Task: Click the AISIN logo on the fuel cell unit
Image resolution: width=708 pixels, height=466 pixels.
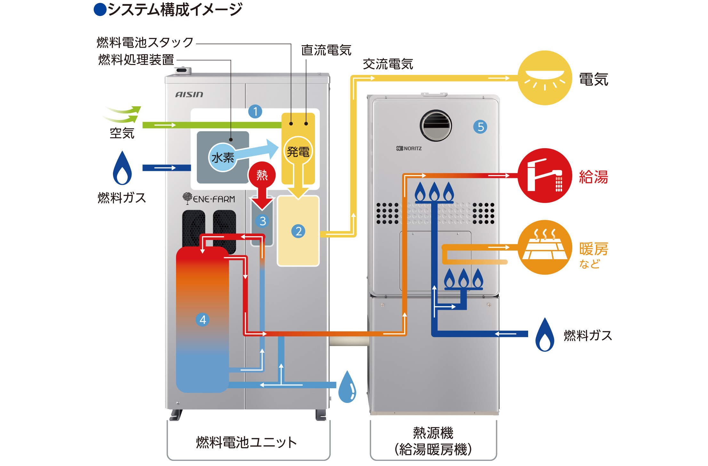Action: pos(189,94)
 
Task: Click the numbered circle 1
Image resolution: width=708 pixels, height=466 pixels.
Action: pos(255,112)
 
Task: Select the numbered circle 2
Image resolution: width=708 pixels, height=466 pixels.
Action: pos(298,231)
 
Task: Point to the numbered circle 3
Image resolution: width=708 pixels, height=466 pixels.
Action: pos(262,221)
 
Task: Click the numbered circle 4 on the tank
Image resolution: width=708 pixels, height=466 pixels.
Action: pos(203,319)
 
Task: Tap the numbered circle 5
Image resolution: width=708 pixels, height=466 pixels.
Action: pos(480,127)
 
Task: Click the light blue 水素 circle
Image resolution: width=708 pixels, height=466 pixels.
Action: pos(222,157)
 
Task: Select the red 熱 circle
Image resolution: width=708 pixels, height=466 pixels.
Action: pos(262,175)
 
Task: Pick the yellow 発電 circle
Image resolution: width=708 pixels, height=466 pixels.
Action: pos(298,151)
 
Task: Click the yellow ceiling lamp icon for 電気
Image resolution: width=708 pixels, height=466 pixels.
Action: pos(544,78)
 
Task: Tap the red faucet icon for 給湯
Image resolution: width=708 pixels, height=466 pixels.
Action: pos(544,175)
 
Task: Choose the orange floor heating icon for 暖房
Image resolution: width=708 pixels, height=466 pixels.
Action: pos(544,247)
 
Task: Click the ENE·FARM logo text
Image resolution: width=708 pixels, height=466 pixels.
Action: pos(209,199)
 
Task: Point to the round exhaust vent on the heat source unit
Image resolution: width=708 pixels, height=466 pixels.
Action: pos(436,126)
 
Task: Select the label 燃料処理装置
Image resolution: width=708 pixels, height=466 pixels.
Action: pos(136,60)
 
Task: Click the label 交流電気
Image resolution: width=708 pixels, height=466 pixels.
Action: pos(388,64)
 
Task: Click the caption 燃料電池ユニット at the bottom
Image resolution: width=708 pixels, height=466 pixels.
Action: pos(246,443)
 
